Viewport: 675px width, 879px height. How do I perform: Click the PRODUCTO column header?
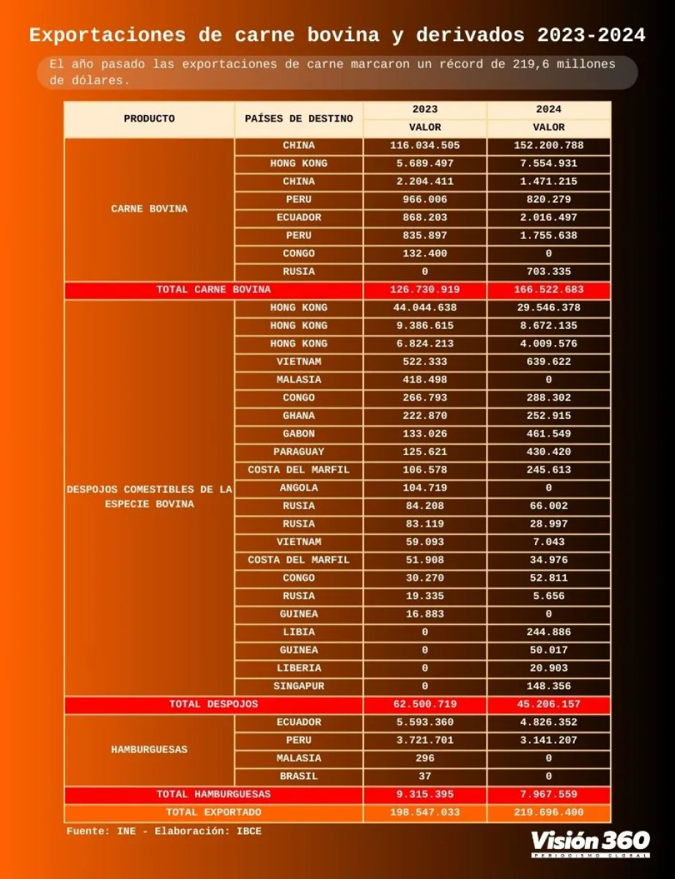click(149, 119)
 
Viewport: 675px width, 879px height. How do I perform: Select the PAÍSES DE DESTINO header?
click(298, 119)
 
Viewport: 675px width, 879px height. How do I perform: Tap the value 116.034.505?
click(424, 146)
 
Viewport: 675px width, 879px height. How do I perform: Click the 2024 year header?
click(548, 109)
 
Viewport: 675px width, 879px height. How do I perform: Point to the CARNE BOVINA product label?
click(149, 209)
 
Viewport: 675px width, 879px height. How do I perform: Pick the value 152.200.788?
click(548, 146)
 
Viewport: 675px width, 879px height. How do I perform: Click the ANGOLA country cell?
click(298, 488)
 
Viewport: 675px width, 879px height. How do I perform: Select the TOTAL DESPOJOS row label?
click(213, 704)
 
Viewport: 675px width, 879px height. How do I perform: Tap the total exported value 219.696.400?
click(548, 812)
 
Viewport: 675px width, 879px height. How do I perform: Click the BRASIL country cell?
click(298, 776)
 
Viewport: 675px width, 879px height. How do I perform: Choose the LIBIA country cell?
click(298, 632)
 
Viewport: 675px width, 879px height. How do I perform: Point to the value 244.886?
click(548, 632)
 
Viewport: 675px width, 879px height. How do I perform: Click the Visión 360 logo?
click(590, 842)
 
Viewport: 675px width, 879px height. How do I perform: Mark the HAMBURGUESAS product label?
click(149, 749)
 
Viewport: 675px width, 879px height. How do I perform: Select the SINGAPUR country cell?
click(298, 686)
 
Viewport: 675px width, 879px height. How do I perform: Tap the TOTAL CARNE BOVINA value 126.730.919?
click(424, 290)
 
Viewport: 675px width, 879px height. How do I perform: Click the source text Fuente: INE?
click(110, 831)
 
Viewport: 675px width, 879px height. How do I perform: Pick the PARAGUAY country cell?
click(298, 452)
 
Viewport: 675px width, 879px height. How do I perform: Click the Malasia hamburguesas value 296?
click(424, 758)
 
